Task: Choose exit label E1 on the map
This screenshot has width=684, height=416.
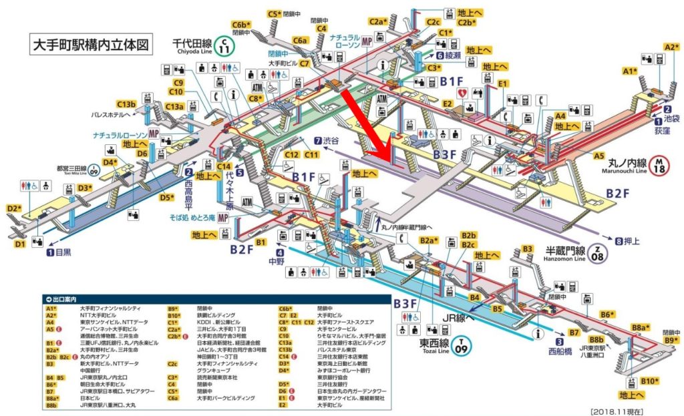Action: point(503,83)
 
